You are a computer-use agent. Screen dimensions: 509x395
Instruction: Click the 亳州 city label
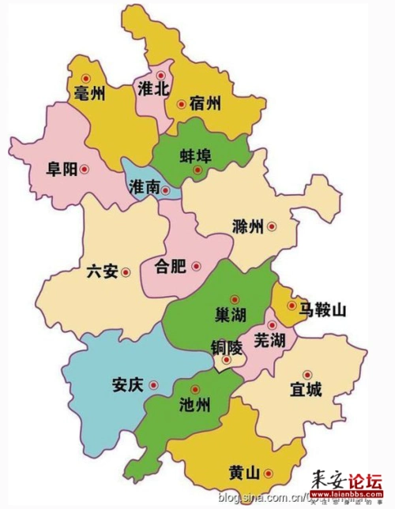click(x=88, y=93)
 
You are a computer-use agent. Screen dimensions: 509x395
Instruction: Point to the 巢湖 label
click(x=231, y=315)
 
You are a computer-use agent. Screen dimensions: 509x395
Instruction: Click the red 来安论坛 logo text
click(x=347, y=481)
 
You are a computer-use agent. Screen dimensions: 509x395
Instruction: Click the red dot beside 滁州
click(x=271, y=226)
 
